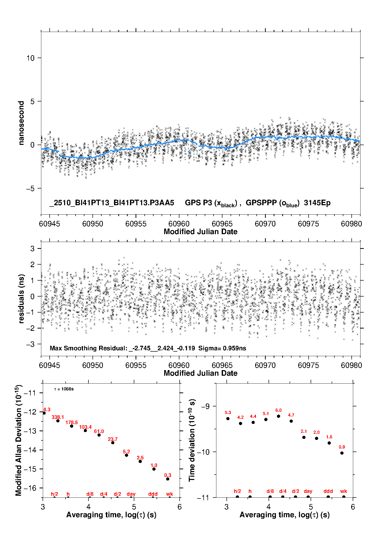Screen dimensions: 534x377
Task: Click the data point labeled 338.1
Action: coord(58,421)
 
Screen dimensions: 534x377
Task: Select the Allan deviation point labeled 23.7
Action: coord(113,443)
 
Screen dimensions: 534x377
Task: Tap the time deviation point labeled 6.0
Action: coord(278,416)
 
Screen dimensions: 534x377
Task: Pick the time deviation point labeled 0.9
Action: coord(342,453)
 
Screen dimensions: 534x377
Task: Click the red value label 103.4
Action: coord(85,427)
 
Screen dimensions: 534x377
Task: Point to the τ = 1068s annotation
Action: coord(64,389)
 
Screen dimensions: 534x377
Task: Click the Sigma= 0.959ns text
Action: coord(222,348)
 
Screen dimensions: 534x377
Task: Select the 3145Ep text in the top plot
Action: coord(317,203)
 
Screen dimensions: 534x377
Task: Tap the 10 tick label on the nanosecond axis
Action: coord(31,58)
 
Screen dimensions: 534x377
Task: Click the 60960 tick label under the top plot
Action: coord(179,224)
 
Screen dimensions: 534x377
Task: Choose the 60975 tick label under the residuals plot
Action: coord(308,365)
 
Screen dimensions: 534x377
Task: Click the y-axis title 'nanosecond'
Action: coord(21,123)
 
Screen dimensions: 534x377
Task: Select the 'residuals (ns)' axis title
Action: coord(21,299)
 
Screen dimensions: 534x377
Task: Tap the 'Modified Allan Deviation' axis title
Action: coord(18,440)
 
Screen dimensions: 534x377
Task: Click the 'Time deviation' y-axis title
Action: coord(192,440)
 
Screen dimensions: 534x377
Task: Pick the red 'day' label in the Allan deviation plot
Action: coord(131,494)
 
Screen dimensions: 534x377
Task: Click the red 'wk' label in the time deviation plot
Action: coord(344,491)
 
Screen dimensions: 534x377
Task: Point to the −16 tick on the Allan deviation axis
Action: coord(30,488)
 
